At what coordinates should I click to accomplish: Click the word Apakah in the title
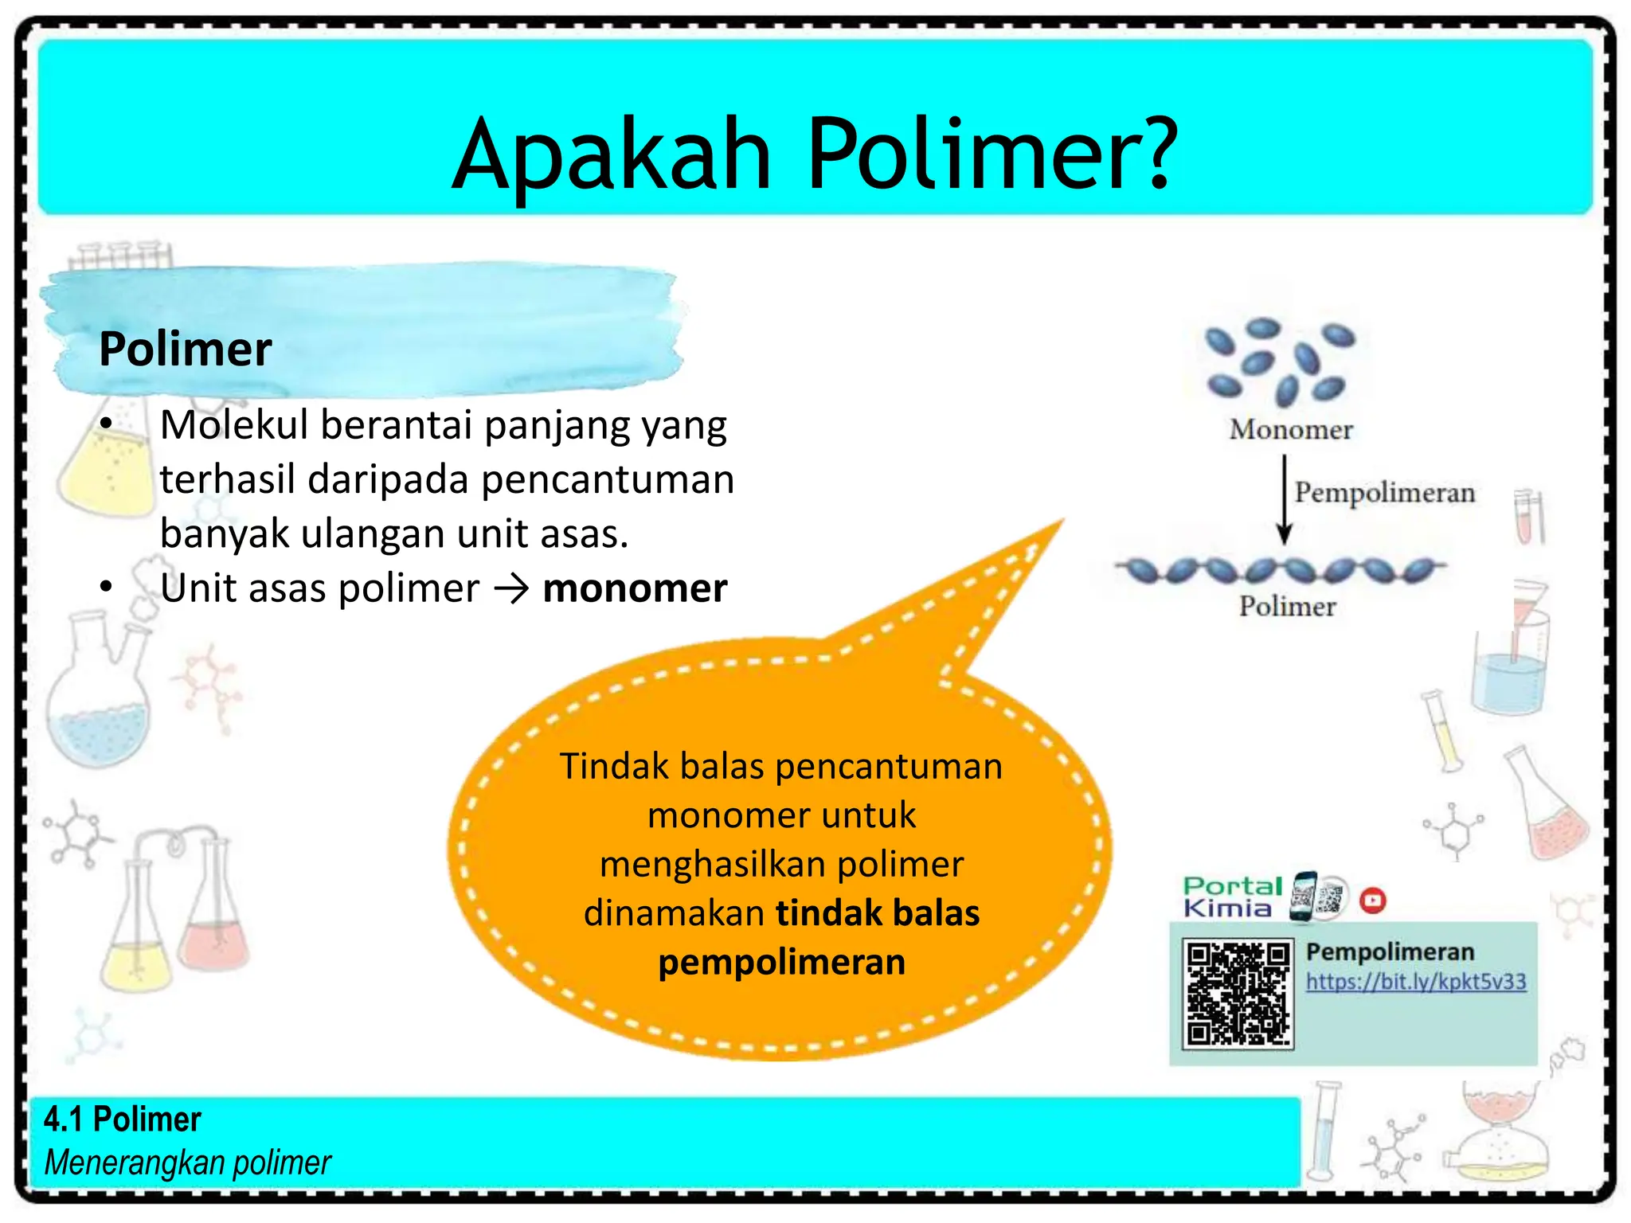[x=612, y=155]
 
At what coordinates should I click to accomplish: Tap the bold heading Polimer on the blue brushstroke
[x=185, y=349]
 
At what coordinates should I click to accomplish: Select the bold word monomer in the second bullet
[x=635, y=588]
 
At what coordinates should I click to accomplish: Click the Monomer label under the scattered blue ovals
[x=1290, y=430]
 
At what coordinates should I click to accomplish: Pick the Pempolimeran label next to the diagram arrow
[x=1384, y=492]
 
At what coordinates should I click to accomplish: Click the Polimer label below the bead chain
[x=1287, y=607]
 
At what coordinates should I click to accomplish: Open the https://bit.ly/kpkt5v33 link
[x=1416, y=981]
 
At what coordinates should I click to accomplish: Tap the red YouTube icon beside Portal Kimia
[x=1373, y=901]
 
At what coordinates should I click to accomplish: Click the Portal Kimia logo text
[x=1231, y=897]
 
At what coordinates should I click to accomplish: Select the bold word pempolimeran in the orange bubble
[x=781, y=962]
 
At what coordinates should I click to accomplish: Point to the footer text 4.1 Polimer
[x=123, y=1119]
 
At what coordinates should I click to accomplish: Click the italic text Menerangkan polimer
[x=188, y=1162]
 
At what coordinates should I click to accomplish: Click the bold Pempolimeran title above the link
[x=1390, y=951]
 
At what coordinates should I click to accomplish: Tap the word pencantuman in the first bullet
[x=607, y=479]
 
